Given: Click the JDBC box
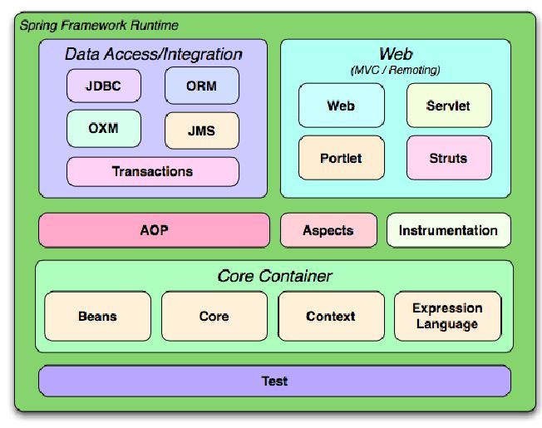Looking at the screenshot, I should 104,86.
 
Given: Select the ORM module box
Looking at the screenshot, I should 201,86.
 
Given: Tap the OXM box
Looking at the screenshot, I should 104,128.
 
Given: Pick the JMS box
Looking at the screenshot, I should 201,130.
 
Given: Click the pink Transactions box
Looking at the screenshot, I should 152,172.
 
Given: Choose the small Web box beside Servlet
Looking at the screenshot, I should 341,106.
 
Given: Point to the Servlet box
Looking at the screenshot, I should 448,106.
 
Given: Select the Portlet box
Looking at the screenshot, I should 341,158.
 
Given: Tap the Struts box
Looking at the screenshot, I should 448,158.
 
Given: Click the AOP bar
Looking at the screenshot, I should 154,230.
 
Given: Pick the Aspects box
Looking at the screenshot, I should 328,230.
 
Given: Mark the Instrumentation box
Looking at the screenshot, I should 448,230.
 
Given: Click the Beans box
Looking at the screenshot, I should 97,317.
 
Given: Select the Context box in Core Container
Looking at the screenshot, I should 330,317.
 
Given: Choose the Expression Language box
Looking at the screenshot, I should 447,317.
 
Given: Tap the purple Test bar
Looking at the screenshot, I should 274,381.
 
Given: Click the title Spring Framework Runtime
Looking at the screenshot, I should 99,26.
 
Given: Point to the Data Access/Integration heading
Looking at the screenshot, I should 154,55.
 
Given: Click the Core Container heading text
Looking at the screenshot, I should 274,276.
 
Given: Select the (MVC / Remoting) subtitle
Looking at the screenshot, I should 395,71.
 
